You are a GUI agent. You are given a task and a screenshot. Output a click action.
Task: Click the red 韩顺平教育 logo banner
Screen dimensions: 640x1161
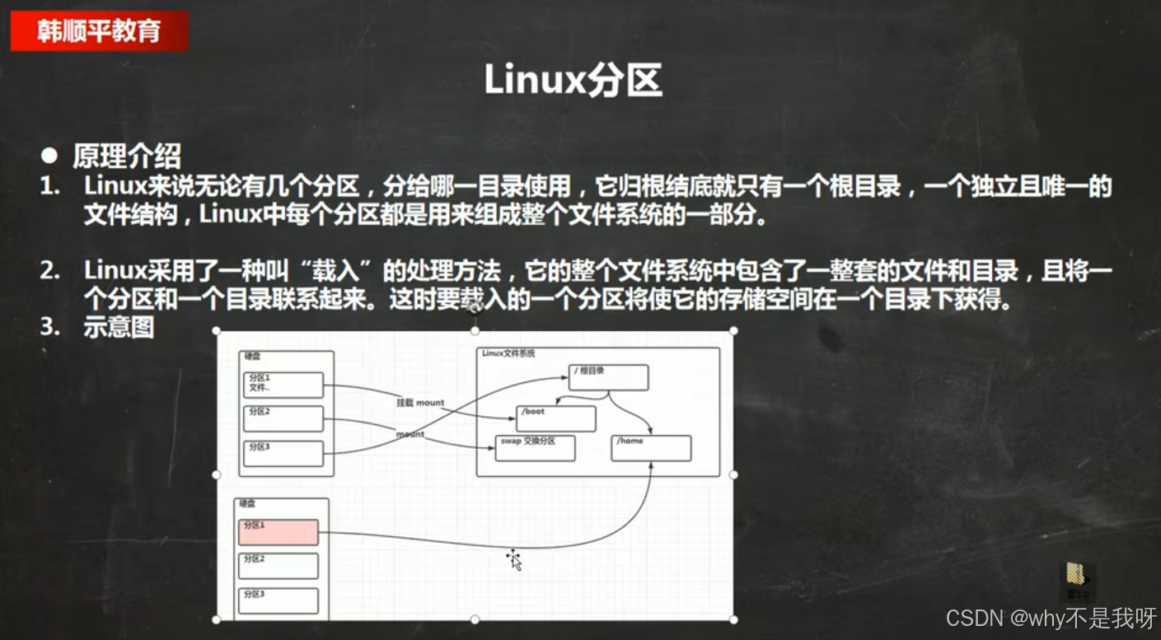click(x=99, y=30)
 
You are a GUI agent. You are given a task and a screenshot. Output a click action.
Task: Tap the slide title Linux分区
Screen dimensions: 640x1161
click(x=573, y=81)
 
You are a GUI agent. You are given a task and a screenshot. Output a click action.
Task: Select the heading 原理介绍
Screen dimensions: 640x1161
click(x=127, y=156)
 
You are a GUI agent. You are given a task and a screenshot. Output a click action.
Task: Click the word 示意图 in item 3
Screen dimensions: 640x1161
click(x=119, y=327)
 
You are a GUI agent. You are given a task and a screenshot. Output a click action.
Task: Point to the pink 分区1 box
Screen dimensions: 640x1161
click(x=279, y=532)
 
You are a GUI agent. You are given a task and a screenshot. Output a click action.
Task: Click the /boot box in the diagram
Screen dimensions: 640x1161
click(x=555, y=418)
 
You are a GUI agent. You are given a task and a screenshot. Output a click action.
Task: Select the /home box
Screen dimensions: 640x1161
click(x=652, y=448)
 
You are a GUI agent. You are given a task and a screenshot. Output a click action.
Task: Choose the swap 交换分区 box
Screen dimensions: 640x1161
click(x=535, y=448)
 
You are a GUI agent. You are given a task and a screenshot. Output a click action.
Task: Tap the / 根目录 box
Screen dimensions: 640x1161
click(x=609, y=377)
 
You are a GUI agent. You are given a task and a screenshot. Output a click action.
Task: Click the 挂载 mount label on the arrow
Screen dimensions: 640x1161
click(x=420, y=403)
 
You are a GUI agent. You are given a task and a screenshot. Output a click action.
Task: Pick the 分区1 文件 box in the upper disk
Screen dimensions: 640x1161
click(x=283, y=385)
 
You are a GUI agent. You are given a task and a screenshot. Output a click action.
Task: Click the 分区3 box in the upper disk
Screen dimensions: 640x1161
click(x=283, y=453)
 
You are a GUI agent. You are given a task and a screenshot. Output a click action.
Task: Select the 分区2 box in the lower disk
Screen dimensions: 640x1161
click(x=279, y=566)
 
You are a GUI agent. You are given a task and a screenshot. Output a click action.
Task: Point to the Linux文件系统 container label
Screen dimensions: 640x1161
click(x=508, y=353)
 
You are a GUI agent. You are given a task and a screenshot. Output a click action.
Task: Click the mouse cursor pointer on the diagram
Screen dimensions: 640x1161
click(x=514, y=559)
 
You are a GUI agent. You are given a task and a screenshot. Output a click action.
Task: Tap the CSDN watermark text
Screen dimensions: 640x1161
click(x=1051, y=618)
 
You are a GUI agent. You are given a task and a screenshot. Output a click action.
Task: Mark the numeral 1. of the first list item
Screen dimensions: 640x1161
click(x=50, y=187)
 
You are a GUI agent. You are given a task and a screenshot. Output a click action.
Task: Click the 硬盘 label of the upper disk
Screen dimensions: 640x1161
click(x=251, y=356)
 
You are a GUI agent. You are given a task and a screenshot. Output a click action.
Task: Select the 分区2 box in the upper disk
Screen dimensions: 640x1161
click(x=283, y=418)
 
